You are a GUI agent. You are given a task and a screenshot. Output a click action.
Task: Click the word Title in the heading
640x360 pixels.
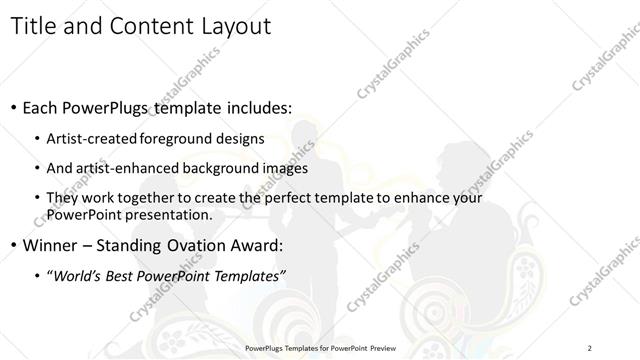tap(36, 26)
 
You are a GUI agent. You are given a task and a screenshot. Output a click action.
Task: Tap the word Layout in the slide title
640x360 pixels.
tap(233, 26)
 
